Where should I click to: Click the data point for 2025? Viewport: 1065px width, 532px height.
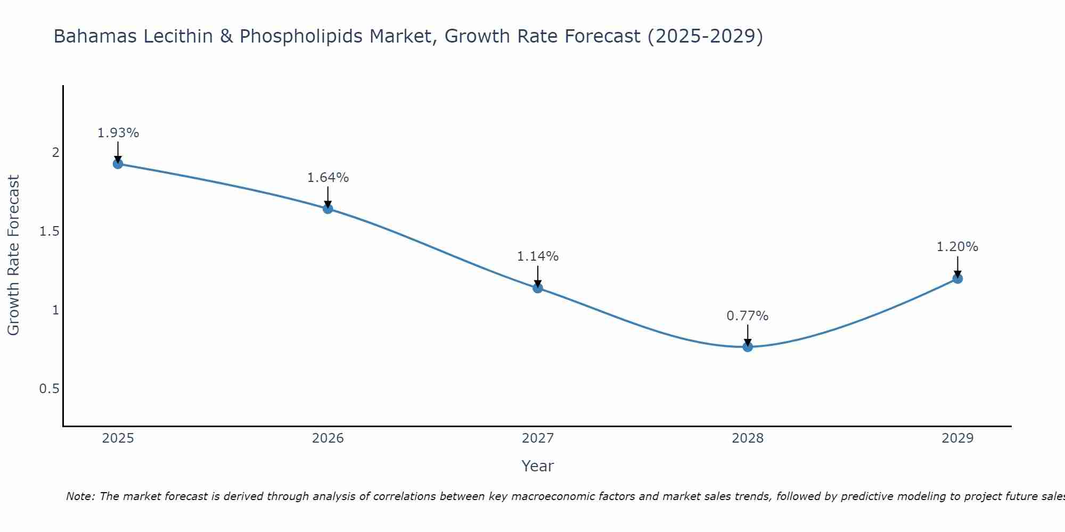coord(118,163)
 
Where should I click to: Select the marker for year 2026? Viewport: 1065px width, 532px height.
coord(328,209)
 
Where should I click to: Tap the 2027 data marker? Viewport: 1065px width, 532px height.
coord(538,288)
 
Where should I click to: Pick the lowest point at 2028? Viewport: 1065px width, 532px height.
coord(748,347)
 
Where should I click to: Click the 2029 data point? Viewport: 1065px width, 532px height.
coord(957,278)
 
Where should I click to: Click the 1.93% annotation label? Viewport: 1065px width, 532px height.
coord(118,133)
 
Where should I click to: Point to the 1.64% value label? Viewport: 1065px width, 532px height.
coord(328,178)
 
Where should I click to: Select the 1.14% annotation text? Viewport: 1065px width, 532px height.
coord(538,256)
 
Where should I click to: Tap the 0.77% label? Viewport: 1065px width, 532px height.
coord(748,316)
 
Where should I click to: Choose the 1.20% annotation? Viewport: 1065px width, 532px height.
coord(957,247)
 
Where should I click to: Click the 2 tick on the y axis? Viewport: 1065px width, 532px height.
coord(55,153)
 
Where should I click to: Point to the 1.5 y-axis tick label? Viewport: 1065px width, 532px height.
coord(49,231)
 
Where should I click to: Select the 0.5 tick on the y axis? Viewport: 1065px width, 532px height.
coord(49,389)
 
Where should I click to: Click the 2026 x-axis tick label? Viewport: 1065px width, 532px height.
coord(328,438)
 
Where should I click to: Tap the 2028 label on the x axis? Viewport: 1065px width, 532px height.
coord(748,438)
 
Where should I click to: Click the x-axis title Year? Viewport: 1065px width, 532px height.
coord(538,466)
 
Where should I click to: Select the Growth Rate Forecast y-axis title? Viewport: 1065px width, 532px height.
coord(13,255)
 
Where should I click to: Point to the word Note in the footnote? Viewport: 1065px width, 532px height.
coord(80,496)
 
